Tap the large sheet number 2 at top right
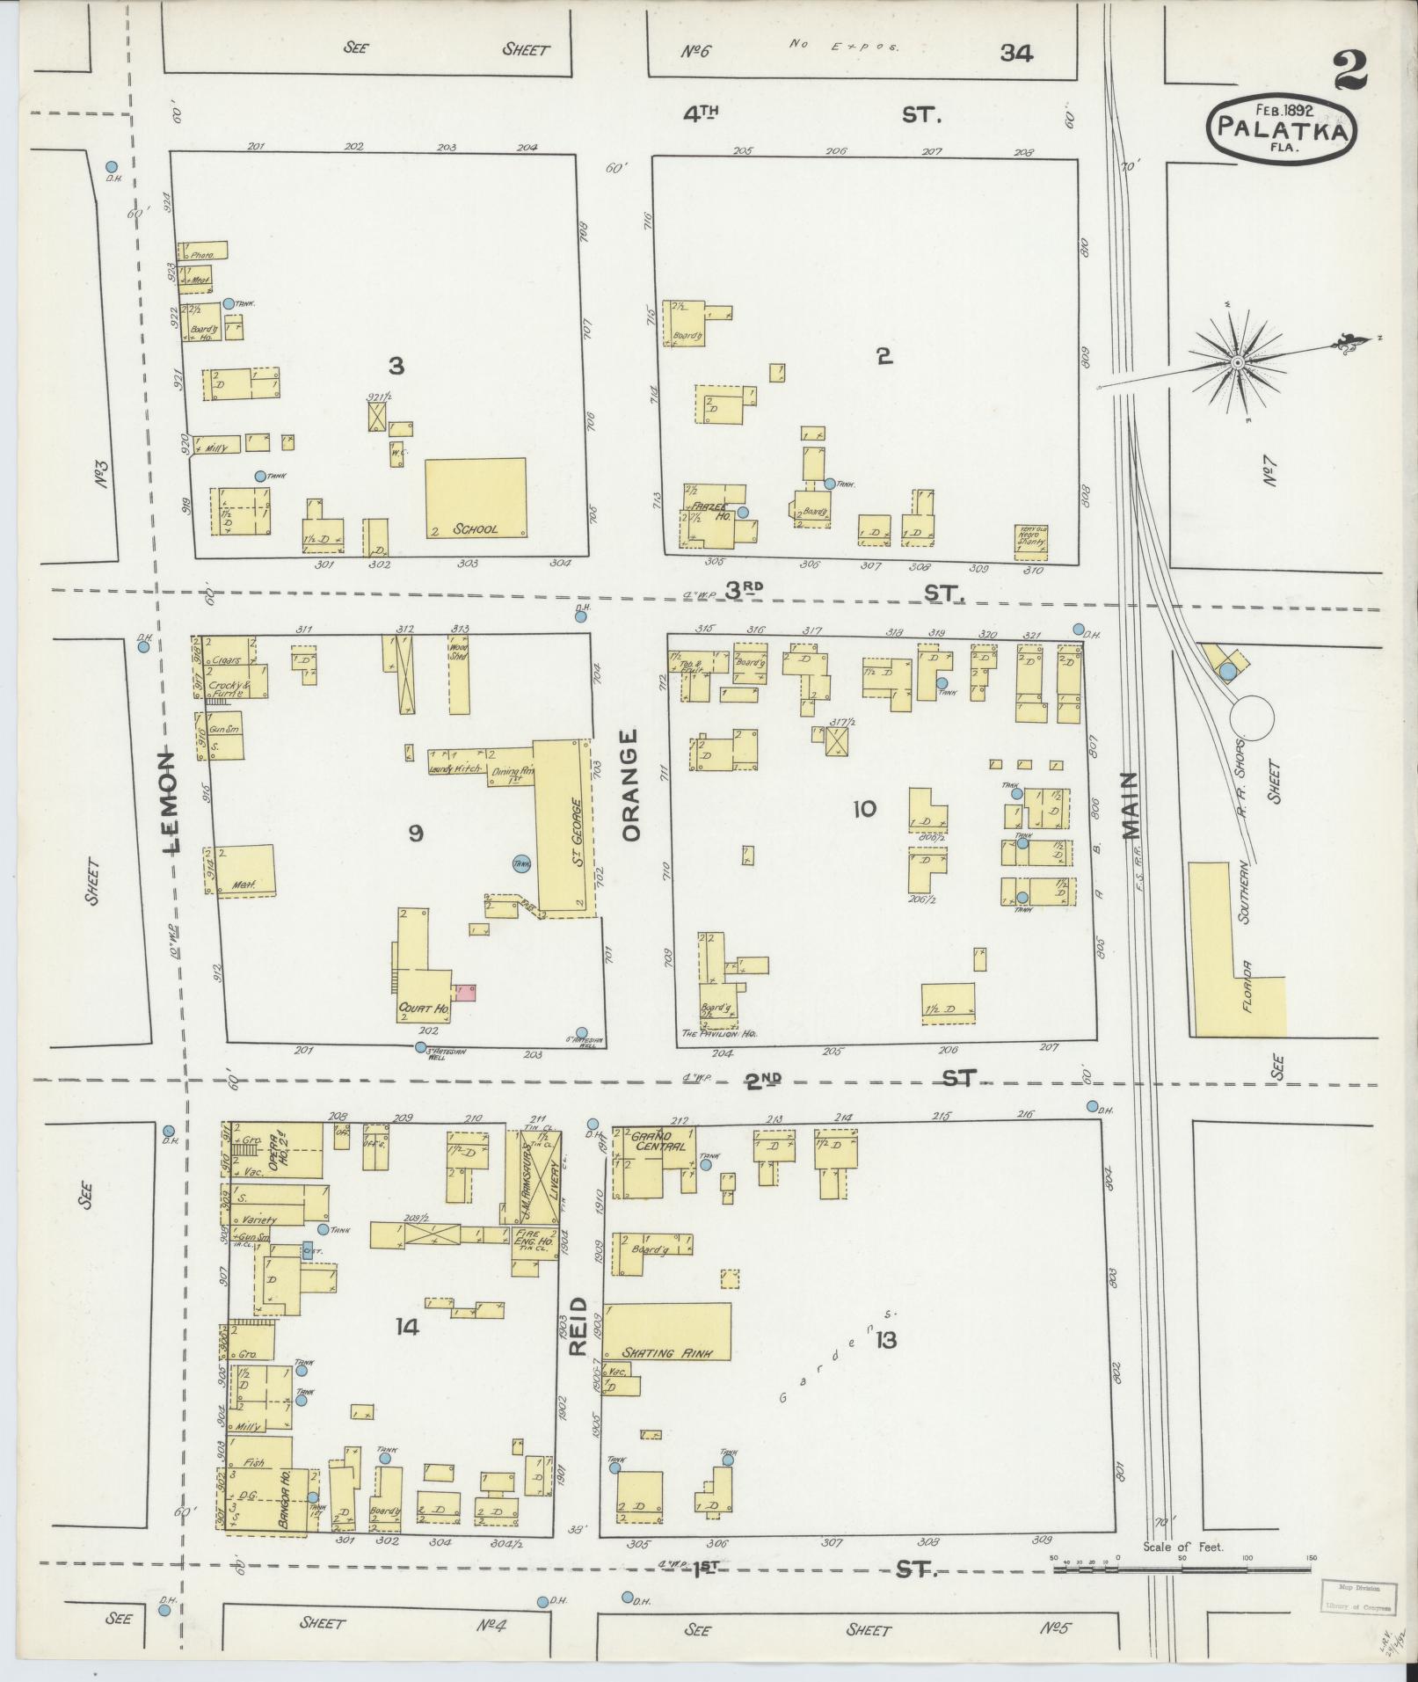click(1349, 70)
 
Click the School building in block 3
click(476, 498)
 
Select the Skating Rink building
click(668, 1344)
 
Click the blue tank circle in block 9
click(522, 864)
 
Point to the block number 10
click(864, 808)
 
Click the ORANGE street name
click(633, 784)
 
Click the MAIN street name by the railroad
click(1130, 807)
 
